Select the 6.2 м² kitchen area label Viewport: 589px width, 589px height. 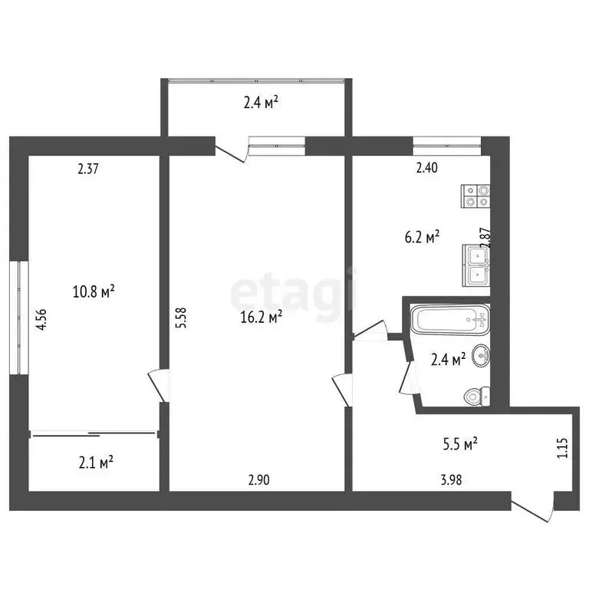coord(423,237)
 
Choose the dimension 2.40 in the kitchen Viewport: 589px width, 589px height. coord(426,169)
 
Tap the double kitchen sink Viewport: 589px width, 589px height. coord(476,265)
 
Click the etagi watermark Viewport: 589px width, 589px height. coord(294,291)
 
